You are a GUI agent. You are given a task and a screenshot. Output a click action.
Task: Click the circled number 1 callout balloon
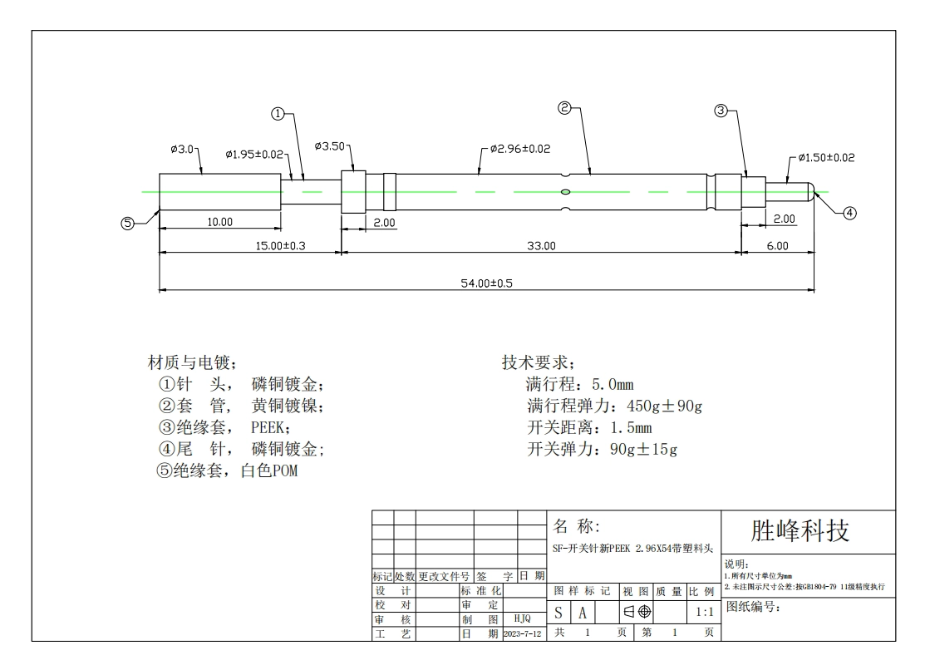(x=278, y=114)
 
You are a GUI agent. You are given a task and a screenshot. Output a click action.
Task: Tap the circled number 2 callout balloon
(x=564, y=108)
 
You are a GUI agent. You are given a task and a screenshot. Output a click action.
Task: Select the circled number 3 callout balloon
(x=721, y=111)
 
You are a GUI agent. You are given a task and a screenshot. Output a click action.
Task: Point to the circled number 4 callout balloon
(x=849, y=213)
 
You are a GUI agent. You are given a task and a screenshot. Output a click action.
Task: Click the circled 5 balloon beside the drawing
(x=127, y=224)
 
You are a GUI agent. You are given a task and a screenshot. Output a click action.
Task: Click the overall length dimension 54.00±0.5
(x=487, y=283)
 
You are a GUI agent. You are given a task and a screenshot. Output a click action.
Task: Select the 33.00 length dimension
(x=541, y=245)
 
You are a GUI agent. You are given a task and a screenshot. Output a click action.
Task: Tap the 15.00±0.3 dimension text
(x=280, y=245)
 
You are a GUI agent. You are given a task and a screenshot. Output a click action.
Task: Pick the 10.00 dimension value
(x=219, y=222)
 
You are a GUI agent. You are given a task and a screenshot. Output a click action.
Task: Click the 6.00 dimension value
(x=778, y=245)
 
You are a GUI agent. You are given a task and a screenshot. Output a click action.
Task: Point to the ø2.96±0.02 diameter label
(x=519, y=149)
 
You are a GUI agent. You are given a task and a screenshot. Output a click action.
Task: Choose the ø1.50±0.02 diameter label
(x=826, y=158)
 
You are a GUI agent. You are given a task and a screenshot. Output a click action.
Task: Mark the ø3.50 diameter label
(x=330, y=145)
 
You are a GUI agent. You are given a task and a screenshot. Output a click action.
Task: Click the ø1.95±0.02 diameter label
(x=254, y=154)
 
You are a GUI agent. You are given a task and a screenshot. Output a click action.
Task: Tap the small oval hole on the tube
(x=565, y=192)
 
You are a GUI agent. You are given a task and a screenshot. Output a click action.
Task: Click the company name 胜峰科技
(x=800, y=531)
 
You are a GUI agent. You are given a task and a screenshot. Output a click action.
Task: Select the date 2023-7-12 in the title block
(x=523, y=633)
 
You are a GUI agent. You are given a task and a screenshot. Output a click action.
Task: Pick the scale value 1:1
(x=705, y=612)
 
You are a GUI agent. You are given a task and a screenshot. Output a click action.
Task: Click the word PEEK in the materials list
(x=268, y=427)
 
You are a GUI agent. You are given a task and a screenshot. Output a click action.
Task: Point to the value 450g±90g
(x=664, y=406)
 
